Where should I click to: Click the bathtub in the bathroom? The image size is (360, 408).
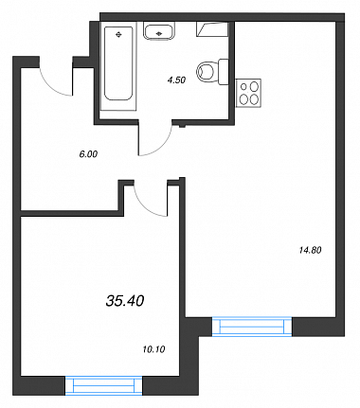[x=118, y=66]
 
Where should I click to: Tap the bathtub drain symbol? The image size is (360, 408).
[x=118, y=34]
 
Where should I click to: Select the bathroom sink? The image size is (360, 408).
[x=159, y=31]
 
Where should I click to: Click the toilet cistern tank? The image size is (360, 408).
[x=224, y=72]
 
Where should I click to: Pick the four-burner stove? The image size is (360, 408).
[x=248, y=94]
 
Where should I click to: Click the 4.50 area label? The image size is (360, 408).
[x=176, y=80]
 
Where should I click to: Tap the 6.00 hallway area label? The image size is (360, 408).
[x=88, y=154]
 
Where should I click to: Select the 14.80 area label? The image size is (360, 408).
[x=310, y=250]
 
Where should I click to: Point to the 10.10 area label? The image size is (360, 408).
[x=153, y=349]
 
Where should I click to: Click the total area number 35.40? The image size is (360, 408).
[x=125, y=301]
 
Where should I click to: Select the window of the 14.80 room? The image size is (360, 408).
[x=252, y=327]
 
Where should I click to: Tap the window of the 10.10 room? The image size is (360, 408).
[x=104, y=385]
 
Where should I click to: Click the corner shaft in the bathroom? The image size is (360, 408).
[x=212, y=29]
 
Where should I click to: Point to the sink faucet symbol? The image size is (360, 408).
[x=159, y=32]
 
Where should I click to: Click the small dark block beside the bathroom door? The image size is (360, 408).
[x=182, y=126]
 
